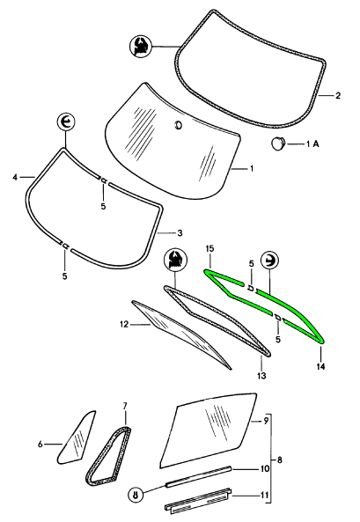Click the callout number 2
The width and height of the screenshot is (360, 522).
[338, 96]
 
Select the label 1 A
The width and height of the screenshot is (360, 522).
[312, 143]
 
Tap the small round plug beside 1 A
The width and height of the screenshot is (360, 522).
[277, 143]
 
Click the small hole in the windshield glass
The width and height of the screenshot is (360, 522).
[178, 125]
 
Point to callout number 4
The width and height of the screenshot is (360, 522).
[15, 178]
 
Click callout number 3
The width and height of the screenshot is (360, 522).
[180, 233]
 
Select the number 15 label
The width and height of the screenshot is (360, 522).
[209, 249]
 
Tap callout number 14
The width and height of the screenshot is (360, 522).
[320, 366]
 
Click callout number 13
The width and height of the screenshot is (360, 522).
[261, 376]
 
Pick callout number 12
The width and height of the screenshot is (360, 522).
[124, 324]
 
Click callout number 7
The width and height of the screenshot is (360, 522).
[125, 406]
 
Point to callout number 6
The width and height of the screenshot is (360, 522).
[40, 445]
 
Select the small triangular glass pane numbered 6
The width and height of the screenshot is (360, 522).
[77, 437]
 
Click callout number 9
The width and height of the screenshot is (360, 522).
[266, 421]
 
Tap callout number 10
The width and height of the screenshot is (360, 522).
[264, 469]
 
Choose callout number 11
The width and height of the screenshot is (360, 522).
[264, 496]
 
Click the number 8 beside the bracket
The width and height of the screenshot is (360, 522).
[280, 460]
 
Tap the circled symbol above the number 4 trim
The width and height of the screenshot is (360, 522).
[66, 122]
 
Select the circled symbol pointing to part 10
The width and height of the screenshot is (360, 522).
[136, 495]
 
